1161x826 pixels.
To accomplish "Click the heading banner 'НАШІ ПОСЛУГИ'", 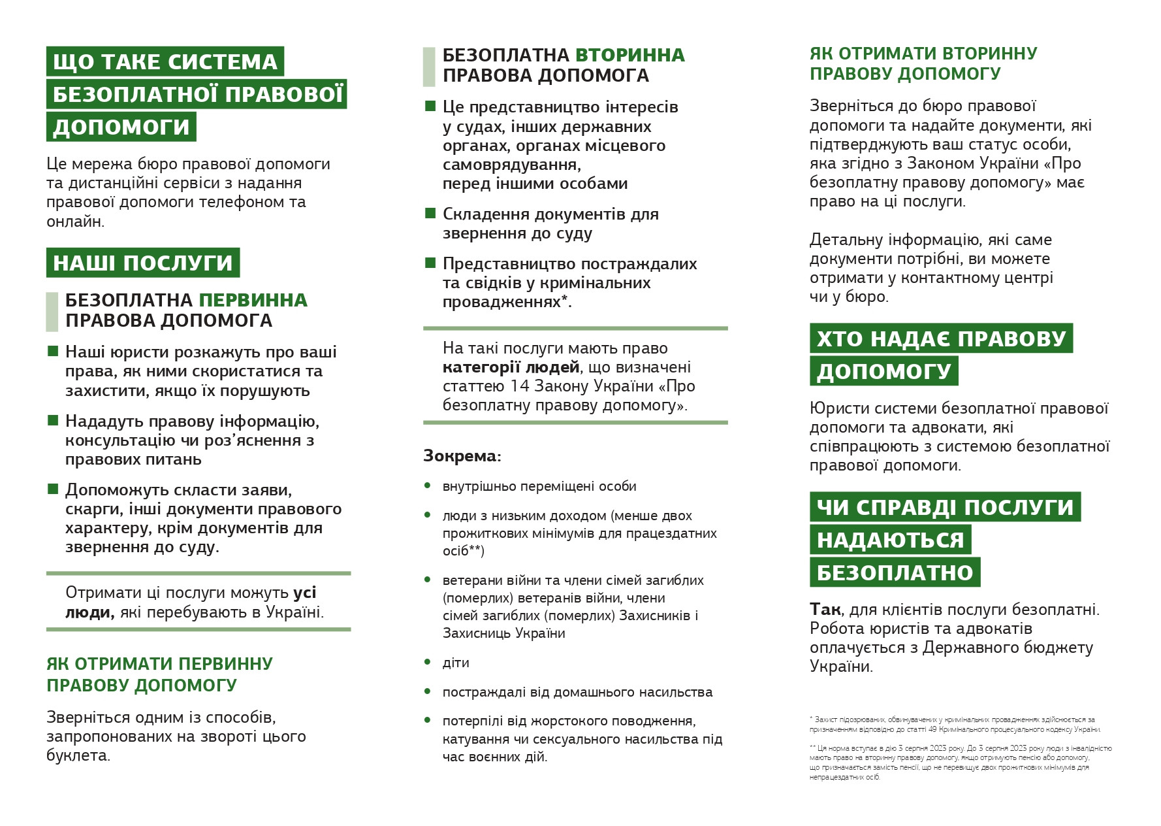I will point(142,263).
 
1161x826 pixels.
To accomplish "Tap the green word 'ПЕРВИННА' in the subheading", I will point(253,300).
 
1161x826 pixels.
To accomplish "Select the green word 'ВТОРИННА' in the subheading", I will point(629,55).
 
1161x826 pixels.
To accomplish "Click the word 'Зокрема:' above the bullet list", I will point(462,455).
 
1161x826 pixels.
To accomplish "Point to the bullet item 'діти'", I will point(456,663).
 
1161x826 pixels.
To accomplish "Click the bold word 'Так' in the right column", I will point(825,609).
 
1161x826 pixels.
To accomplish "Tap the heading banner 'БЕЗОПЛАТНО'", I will point(895,572).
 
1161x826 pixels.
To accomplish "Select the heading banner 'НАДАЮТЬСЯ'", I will point(890,540).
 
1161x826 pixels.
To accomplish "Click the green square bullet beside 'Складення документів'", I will point(430,213).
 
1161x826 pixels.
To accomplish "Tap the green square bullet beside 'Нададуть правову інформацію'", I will point(53,420).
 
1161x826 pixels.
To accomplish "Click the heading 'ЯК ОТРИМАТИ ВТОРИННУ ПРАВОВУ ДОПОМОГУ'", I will point(923,63).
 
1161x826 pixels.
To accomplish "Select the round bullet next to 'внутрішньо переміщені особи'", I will point(428,486).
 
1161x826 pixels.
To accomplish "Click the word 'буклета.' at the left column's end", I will point(78,755).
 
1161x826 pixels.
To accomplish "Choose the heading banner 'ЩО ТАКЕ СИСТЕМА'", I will point(165,61).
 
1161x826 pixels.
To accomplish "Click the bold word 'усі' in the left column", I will point(304,592).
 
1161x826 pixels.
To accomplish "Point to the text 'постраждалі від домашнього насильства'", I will point(577,692).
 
